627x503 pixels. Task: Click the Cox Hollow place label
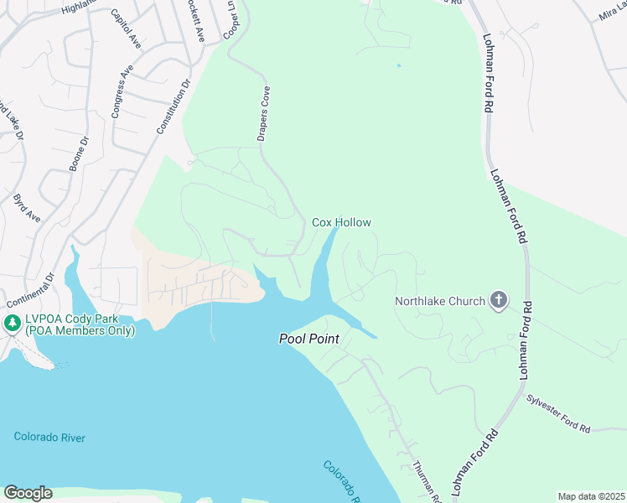tap(341, 222)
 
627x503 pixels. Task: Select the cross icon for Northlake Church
tap(499, 300)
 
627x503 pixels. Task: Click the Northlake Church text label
tap(440, 301)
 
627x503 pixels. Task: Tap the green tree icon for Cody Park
tap(12, 323)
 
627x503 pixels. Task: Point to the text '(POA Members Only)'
tap(79, 330)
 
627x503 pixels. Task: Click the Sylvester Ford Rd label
tap(558, 415)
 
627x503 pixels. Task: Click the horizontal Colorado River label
tap(49, 437)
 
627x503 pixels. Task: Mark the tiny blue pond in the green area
tap(398, 65)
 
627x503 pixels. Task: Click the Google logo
tap(27, 493)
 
